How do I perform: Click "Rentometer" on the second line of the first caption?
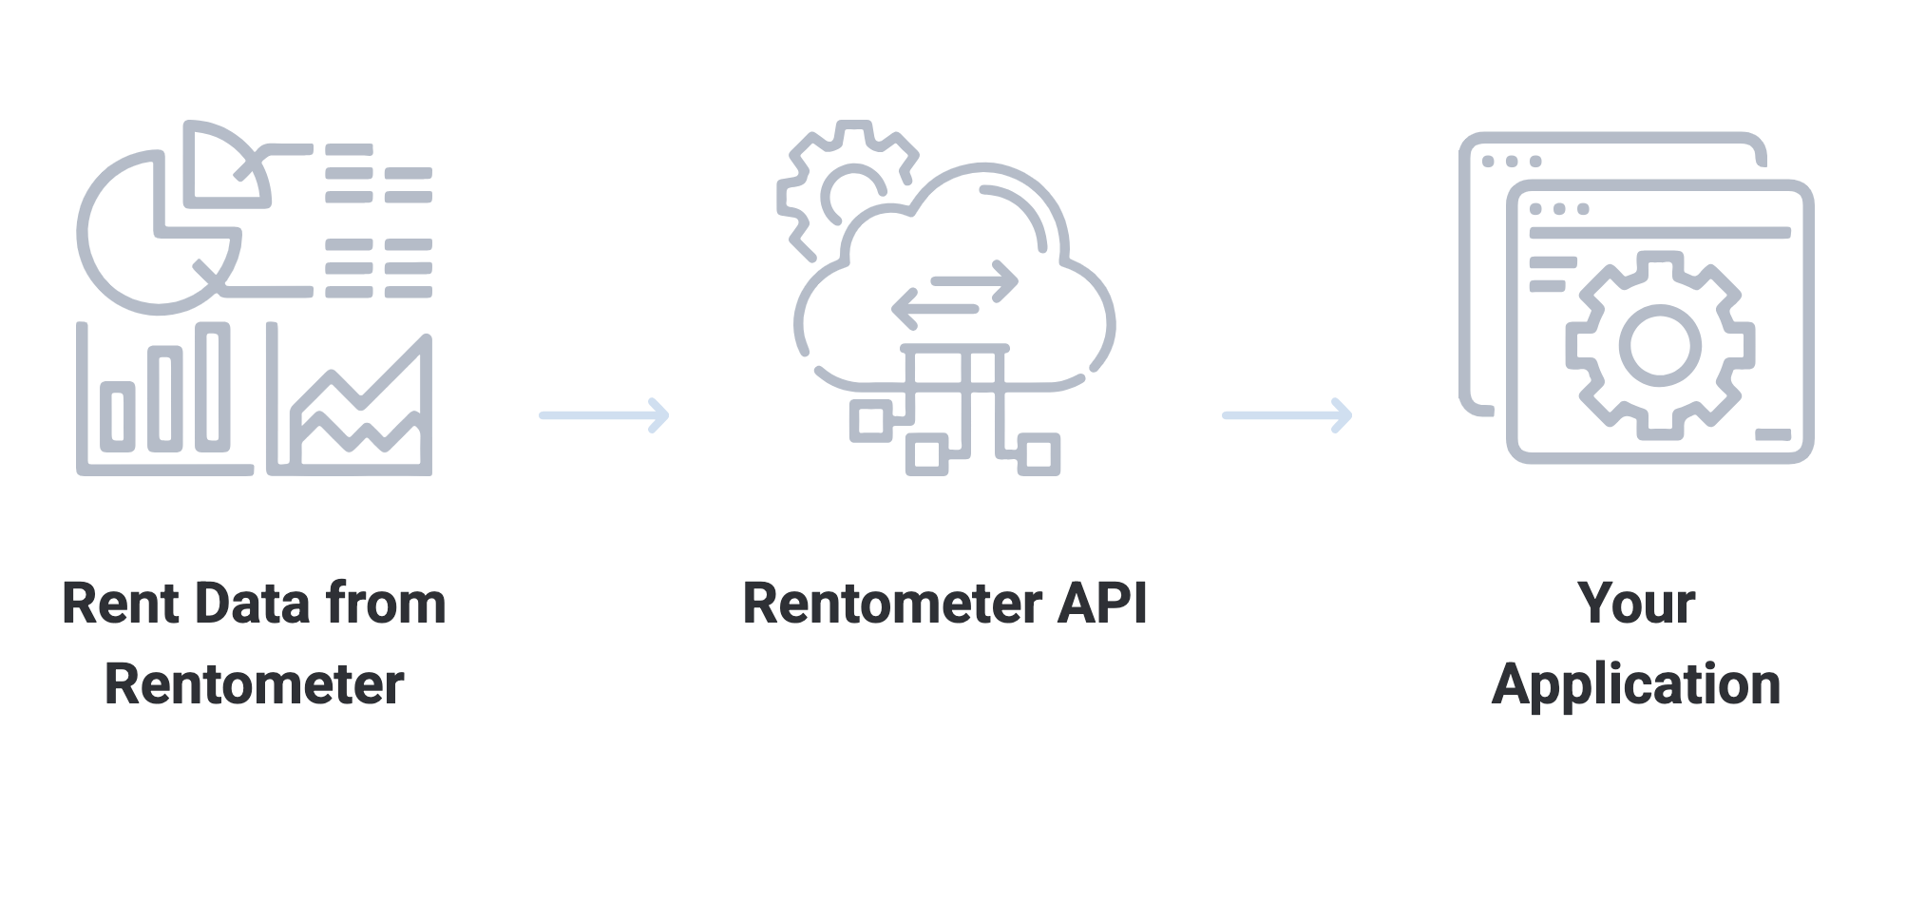tap(254, 684)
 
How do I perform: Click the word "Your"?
tap(1636, 605)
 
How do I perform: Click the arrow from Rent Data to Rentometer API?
tap(604, 415)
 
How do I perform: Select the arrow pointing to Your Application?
tap(1287, 415)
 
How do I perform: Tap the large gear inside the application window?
tap(1659, 344)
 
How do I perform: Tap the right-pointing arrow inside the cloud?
tap(974, 281)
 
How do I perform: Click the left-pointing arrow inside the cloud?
tap(936, 308)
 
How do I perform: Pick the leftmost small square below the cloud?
tap(869, 421)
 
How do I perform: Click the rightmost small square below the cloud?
tap(1039, 454)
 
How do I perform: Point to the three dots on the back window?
tap(1511, 162)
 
